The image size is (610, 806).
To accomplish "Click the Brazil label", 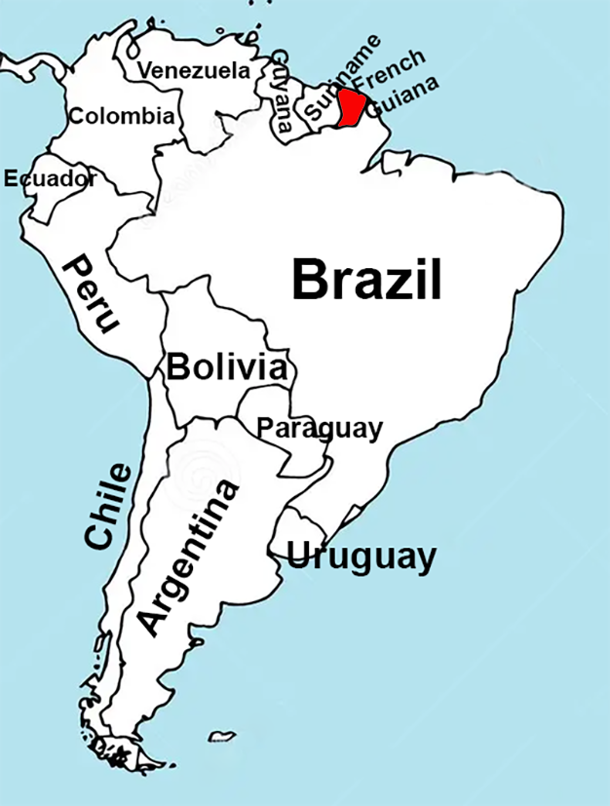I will click(367, 281).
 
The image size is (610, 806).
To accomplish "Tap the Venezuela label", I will click(193, 71).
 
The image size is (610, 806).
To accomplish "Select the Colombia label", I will click(122, 117).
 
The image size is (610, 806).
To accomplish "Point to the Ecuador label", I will click(50, 178).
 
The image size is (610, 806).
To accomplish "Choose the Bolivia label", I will click(227, 368).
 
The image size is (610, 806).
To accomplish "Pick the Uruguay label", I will click(361, 557).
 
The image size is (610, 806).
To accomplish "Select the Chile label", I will click(107, 507).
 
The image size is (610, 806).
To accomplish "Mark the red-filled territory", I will click(351, 106).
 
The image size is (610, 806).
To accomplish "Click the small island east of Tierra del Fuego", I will click(222, 736).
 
